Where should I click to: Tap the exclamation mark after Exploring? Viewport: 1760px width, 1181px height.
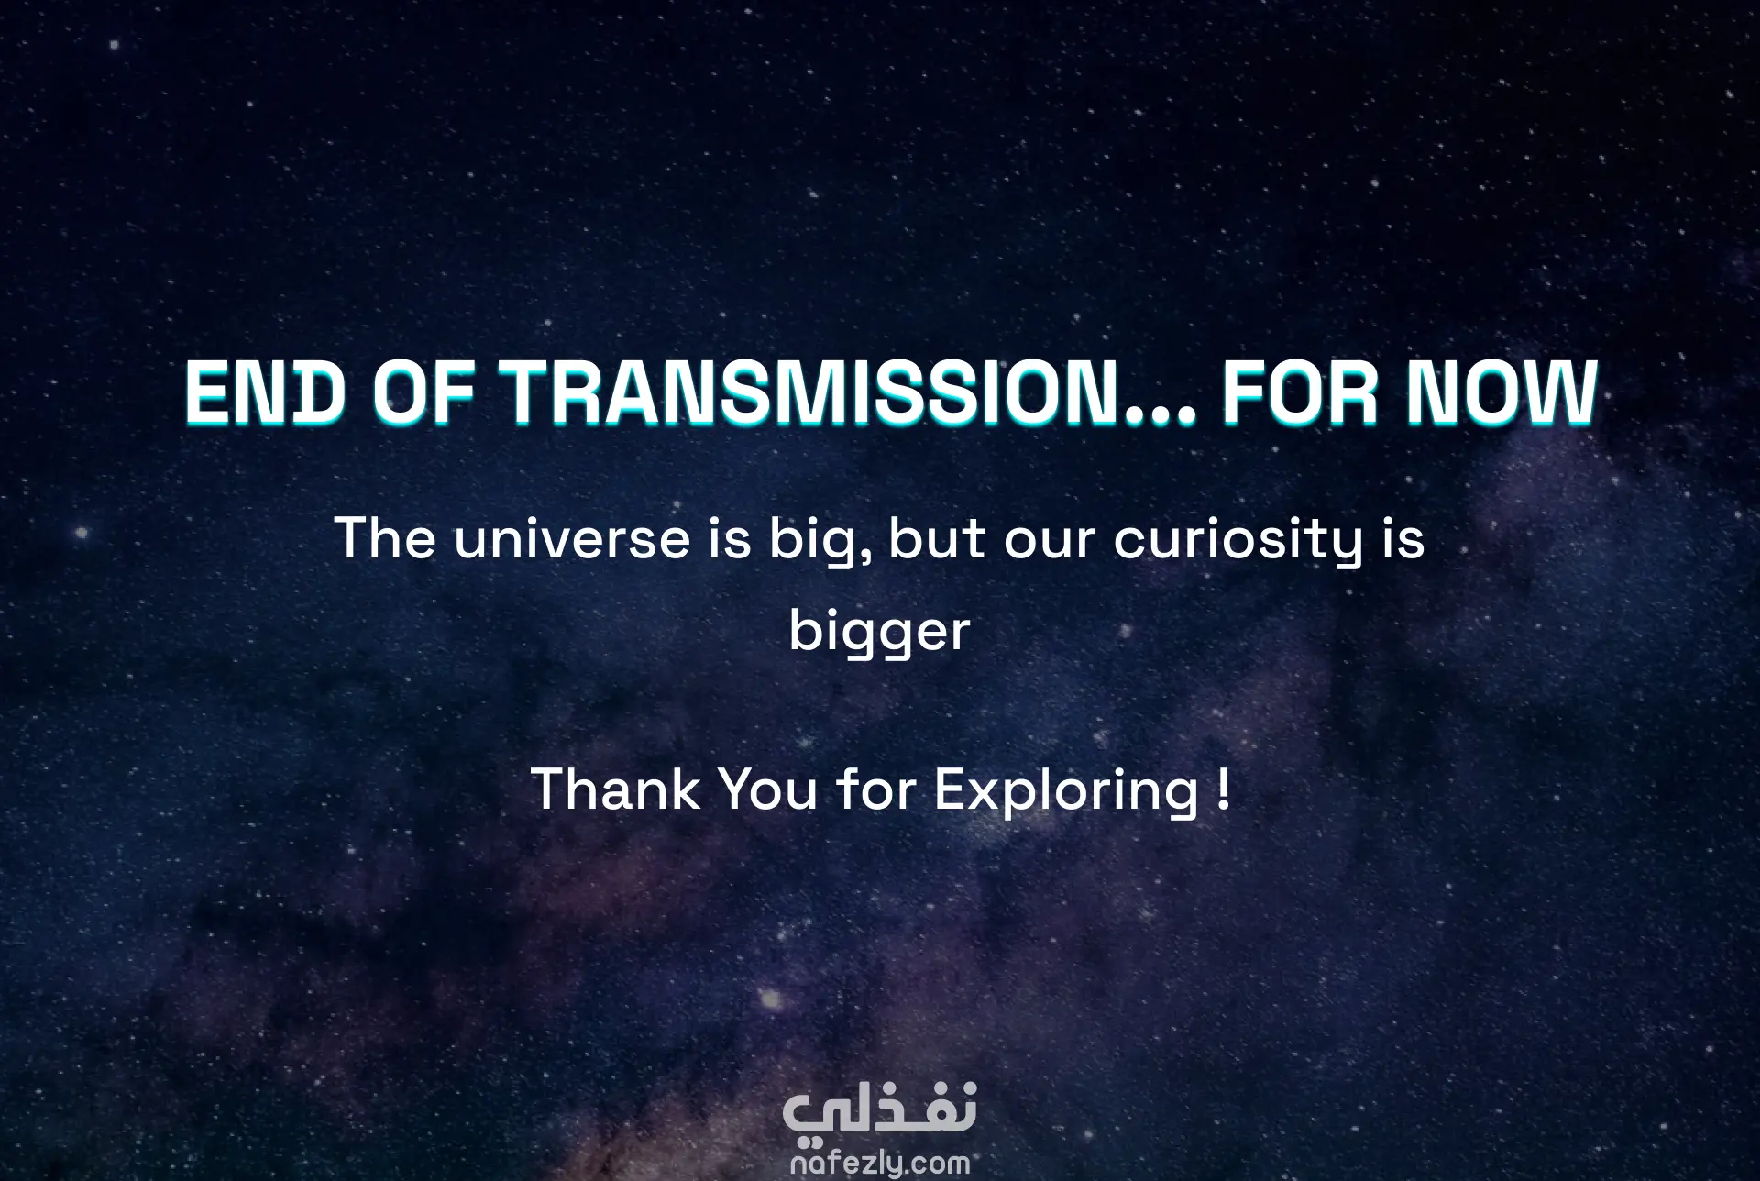pyautogui.click(x=1226, y=789)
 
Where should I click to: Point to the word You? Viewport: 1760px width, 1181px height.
pyautogui.click(x=768, y=789)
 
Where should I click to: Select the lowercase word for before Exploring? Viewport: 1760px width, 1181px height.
pyautogui.click(x=875, y=789)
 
